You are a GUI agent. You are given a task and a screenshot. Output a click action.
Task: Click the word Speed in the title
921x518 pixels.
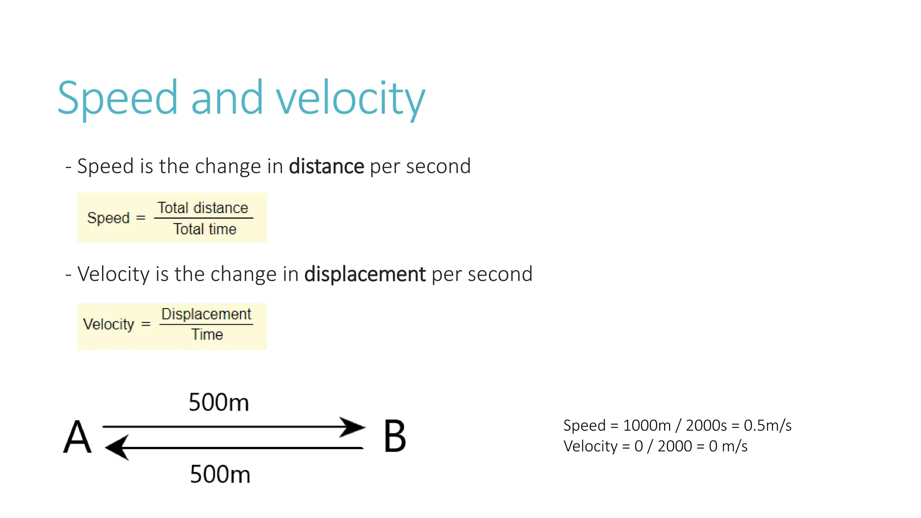pyautogui.click(x=118, y=98)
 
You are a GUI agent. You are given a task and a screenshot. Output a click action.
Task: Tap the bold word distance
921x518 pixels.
pyautogui.click(x=326, y=166)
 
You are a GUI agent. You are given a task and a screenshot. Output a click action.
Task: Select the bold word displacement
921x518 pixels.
pyautogui.click(x=365, y=274)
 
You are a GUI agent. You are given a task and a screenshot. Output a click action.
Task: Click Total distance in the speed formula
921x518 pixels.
pyautogui.click(x=203, y=208)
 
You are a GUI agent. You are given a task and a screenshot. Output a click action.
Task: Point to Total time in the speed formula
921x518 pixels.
pyautogui.click(x=205, y=229)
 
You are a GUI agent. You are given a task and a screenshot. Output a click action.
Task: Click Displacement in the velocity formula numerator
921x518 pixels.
pyautogui.click(x=206, y=314)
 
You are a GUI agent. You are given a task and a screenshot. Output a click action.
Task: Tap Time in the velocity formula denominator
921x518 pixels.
pyautogui.click(x=207, y=335)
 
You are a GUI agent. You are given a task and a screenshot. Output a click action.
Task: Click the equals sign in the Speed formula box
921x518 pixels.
pyautogui.click(x=141, y=218)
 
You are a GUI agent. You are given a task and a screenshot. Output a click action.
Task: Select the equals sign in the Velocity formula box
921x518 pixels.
pyautogui.click(x=146, y=324)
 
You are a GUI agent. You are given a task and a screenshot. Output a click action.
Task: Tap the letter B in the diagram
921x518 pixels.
pyautogui.click(x=395, y=437)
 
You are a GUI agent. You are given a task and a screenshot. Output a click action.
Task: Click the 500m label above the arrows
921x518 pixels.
pyautogui.click(x=219, y=402)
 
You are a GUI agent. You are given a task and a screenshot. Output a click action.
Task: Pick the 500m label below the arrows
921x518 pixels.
pyautogui.click(x=220, y=474)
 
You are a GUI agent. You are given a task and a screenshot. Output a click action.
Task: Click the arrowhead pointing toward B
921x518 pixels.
pyautogui.click(x=353, y=427)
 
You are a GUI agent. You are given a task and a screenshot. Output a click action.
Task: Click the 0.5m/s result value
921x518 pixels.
pyautogui.click(x=768, y=425)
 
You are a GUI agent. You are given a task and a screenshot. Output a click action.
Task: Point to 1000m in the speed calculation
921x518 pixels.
pyautogui.click(x=647, y=425)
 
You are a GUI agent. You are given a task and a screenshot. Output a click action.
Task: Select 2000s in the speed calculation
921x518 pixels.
pyautogui.click(x=706, y=425)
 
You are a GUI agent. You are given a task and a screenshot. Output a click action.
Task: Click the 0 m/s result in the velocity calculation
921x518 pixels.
pyautogui.click(x=728, y=447)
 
